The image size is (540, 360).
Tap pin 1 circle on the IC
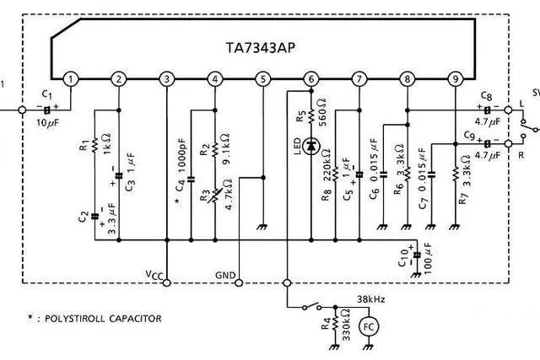click(x=71, y=79)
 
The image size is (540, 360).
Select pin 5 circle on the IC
click(x=263, y=79)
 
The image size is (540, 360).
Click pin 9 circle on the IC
click(x=456, y=79)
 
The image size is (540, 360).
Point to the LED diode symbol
click(x=311, y=146)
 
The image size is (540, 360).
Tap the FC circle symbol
click(x=368, y=325)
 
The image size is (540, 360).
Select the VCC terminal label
click(x=156, y=274)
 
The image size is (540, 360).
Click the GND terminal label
click(x=225, y=275)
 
